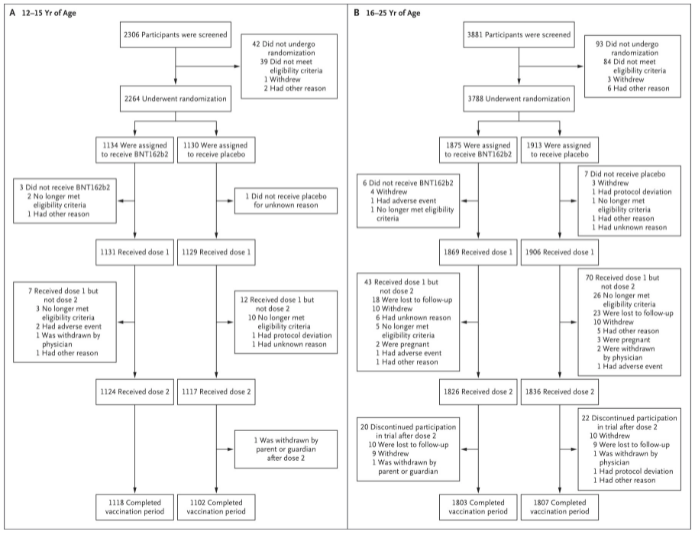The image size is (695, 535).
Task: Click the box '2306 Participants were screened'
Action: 175,34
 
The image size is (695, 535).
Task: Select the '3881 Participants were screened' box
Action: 519,34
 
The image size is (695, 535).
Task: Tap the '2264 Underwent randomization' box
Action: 175,99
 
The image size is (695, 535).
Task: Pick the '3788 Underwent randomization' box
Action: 519,99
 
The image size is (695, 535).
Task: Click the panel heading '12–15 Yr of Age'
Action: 49,13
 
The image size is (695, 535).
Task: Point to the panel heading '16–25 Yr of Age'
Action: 393,13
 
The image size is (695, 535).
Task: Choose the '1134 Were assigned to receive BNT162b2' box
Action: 134,150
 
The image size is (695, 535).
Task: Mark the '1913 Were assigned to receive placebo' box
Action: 559,150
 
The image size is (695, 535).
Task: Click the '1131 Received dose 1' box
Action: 134,252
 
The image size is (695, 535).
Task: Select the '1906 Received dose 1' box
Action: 559,252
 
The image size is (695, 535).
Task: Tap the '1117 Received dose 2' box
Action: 216,392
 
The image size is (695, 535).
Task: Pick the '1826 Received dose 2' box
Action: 478,392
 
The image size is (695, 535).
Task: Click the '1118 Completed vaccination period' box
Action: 134,507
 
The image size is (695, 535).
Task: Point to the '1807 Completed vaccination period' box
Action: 559,507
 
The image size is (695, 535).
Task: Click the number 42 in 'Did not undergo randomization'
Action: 256,44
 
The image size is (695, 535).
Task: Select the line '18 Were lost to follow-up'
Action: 412,300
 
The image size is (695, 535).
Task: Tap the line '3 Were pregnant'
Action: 623,340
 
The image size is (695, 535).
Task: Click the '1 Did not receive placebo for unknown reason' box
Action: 286,200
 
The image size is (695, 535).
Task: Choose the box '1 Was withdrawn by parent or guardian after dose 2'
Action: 286,449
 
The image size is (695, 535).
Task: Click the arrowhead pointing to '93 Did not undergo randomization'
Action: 580,66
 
